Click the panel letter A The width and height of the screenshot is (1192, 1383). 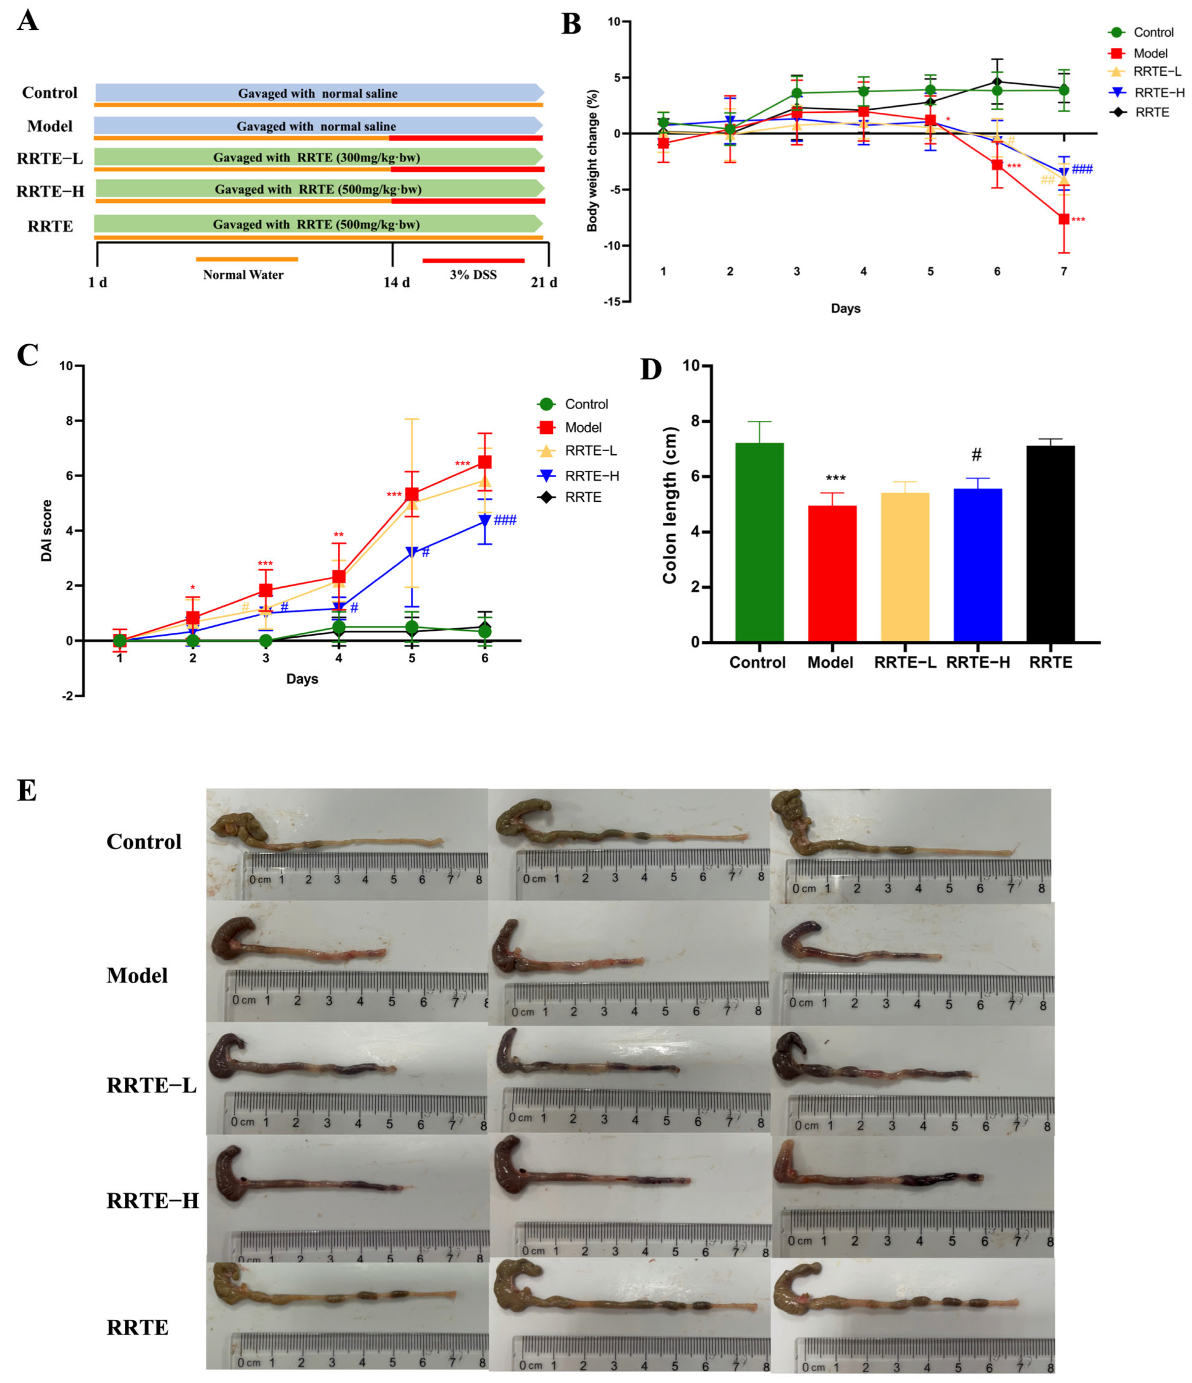27,21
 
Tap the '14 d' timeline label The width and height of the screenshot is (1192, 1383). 396,282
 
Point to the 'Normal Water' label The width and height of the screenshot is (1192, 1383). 243,275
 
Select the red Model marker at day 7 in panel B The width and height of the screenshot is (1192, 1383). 1063,219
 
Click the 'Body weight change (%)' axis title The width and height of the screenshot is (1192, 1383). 592,161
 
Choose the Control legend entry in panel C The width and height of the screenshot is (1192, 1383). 572,404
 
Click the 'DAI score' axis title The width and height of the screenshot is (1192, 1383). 47,531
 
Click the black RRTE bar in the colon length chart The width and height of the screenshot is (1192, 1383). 1050,543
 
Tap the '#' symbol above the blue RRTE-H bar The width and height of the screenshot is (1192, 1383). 977,455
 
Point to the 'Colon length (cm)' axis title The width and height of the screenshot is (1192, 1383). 669,505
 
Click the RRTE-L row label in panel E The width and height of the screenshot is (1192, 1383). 151,1085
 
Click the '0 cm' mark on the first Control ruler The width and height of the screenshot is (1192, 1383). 260,880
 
